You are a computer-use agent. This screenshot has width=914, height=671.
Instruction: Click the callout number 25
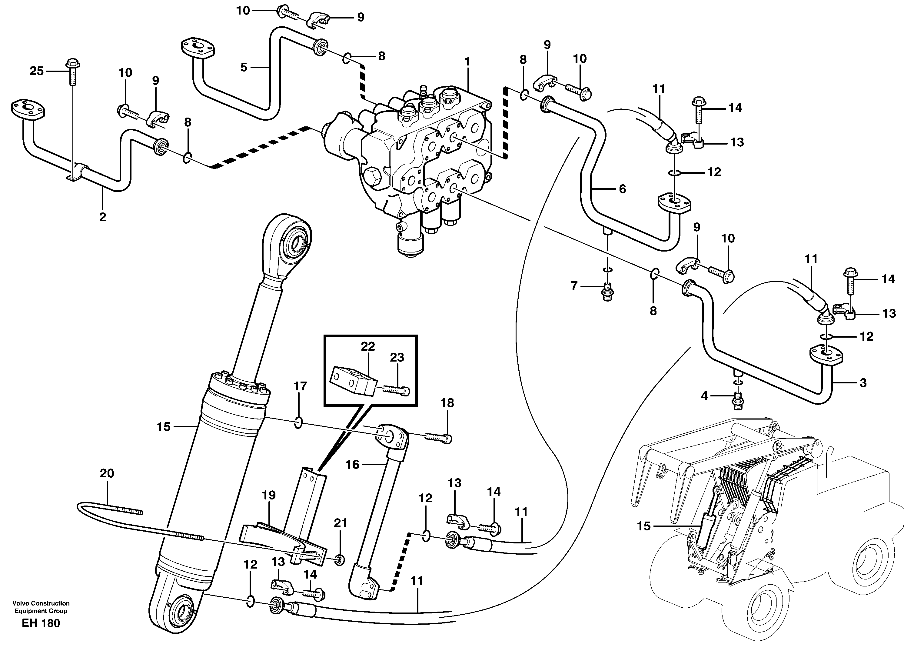pyautogui.click(x=37, y=71)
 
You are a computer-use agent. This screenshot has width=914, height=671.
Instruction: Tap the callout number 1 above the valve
pyautogui.click(x=467, y=62)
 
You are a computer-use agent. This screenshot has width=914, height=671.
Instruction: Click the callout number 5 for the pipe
pyautogui.click(x=244, y=67)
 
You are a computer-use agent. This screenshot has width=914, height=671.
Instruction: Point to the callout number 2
pyautogui.click(x=102, y=217)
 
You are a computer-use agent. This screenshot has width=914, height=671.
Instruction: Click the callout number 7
pyautogui.click(x=574, y=286)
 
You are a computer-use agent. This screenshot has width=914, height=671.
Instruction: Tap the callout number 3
pyautogui.click(x=863, y=383)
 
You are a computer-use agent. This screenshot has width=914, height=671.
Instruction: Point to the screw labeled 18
pyautogui.click(x=439, y=437)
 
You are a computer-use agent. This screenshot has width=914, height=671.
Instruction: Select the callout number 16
pyautogui.click(x=352, y=464)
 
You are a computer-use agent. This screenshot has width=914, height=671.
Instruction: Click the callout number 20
pyautogui.click(x=107, y=473)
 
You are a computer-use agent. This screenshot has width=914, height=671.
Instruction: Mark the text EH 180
pyautogui.click(x=41, y=623)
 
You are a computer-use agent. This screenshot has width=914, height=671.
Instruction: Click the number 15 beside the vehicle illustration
pyautogui.click(x=643, y=526)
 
